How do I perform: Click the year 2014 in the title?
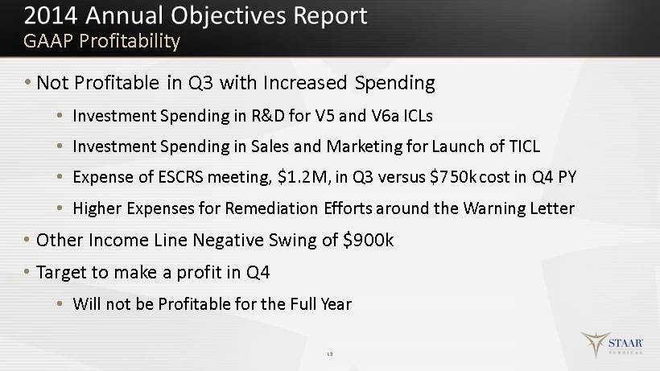point(51,15)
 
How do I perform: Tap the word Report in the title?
point(330,17)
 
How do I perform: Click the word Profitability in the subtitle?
point(130,41)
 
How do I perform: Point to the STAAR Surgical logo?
point(612,344)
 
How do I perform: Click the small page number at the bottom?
point(330,354)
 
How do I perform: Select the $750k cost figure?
point(453,177)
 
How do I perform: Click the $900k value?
point(369,240)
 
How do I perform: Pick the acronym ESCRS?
point(180,177)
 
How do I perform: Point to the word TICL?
point(525,146)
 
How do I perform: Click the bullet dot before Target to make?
point(27,272)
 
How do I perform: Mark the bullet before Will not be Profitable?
point(60,303)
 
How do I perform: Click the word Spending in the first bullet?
point(395,83)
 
